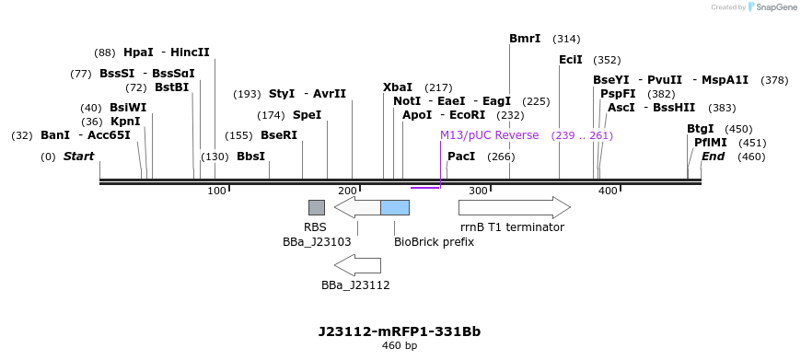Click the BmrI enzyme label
[525, 39]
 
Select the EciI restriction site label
[571, 60]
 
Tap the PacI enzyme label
[461, 157]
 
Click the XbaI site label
[398, 87]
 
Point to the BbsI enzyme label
[250, 157]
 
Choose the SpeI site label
[307, 115]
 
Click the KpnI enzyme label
[125, 122]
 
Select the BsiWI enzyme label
[128, 108]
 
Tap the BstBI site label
[171, 87]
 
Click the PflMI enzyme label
[711, 143]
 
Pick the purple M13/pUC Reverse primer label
[489, 135]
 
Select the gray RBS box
[316, 207]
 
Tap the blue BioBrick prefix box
[395, 207]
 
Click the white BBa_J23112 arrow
[357, 265]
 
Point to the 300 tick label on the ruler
[478, 191]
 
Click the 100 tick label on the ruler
[216, 191]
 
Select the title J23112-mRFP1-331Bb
[400, 331]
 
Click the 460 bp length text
[400, 346]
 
